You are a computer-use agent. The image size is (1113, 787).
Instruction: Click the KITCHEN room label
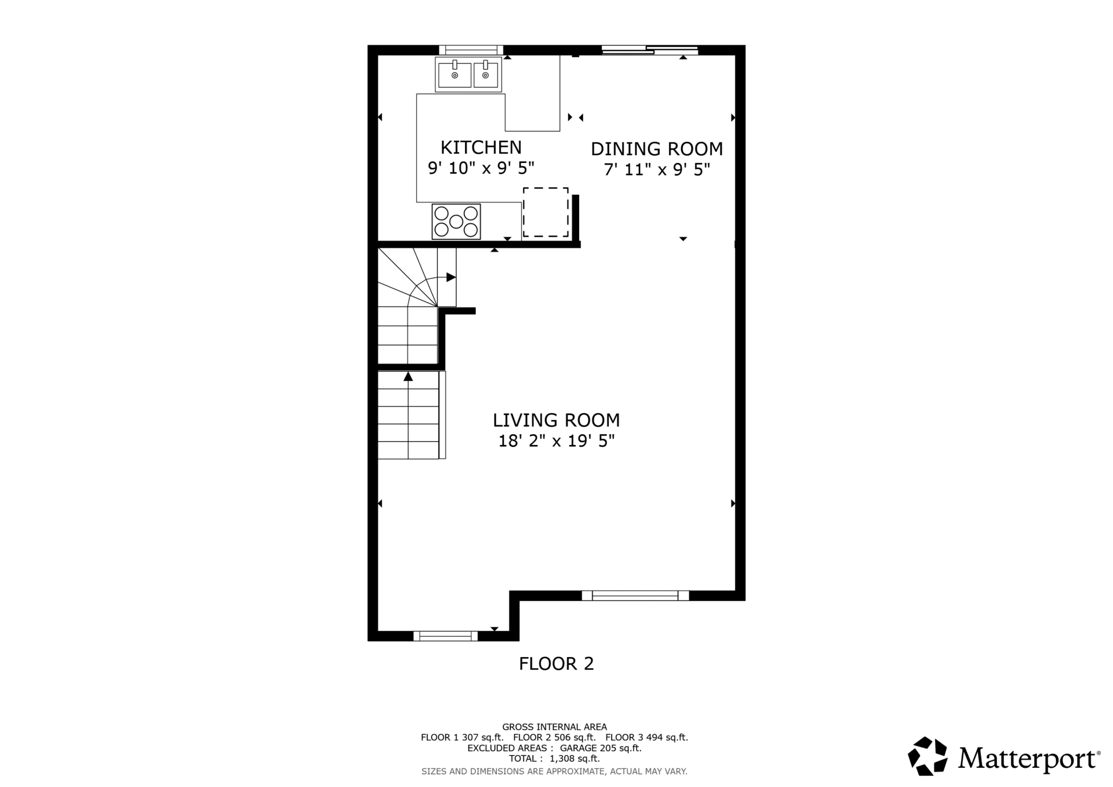[481, 147]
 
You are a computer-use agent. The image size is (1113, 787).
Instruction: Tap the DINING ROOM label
[657, 149]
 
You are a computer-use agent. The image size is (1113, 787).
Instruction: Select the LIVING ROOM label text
[556, 420]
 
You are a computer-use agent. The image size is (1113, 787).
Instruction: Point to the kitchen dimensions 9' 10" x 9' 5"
[481, 168]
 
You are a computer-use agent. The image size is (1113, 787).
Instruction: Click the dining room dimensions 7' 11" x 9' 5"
[657, 170]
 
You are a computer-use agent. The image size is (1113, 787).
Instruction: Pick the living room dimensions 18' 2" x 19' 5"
[556, 441]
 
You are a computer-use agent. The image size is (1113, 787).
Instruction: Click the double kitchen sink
[468, 74]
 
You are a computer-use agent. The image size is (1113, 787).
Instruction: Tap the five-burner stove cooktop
[456, 221]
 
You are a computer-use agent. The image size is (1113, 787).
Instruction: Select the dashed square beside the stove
[545, 212]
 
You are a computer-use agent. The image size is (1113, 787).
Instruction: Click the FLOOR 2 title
[556, 664]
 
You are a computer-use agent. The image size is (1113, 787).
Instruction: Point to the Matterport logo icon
[927, 756]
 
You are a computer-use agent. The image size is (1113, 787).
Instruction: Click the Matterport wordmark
[1029, 759]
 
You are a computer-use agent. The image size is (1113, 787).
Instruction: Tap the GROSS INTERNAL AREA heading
[554, 727]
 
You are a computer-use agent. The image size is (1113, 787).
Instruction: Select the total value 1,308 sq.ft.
[574, 759]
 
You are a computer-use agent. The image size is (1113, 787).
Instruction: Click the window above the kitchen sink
[471, 50]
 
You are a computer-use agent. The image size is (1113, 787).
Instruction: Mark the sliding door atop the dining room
[649, 50]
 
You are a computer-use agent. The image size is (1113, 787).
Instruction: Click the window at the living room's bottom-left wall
[445, 636]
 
